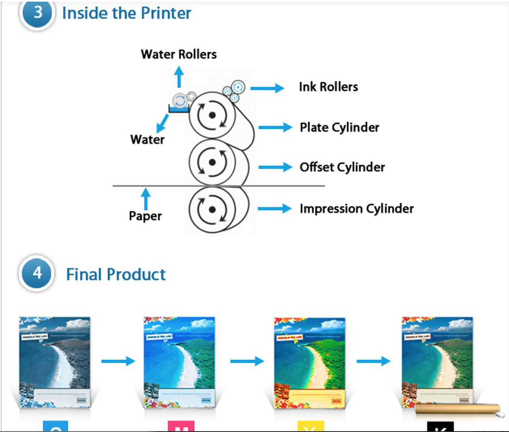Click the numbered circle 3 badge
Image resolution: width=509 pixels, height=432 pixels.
(37, 12)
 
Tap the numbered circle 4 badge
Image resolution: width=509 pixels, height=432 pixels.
(37, 273)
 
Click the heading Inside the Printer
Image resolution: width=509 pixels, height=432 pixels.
(126, 13)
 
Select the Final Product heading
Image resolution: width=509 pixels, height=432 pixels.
(116, 274)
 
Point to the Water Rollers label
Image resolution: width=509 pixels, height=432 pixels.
(179, 54)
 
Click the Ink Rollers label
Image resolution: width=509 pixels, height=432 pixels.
(328, 87)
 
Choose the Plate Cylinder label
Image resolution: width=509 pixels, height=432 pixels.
(339, 127)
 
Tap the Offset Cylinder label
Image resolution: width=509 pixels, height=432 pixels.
(342, 167)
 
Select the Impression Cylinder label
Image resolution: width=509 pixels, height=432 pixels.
(357, 209)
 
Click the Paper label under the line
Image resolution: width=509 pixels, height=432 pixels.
(145, 216)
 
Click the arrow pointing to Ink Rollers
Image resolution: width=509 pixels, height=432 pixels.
(267, 88)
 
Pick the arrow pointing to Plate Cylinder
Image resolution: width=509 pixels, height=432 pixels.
(275, 127)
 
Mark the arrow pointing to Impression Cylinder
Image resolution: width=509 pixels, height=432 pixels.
(274, 209)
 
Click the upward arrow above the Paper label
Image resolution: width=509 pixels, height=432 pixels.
(145, 198)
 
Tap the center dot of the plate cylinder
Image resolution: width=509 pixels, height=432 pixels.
(212, 115)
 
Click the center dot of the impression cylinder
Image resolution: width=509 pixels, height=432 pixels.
(212, 210)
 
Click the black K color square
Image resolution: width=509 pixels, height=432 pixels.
(440, 427)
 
